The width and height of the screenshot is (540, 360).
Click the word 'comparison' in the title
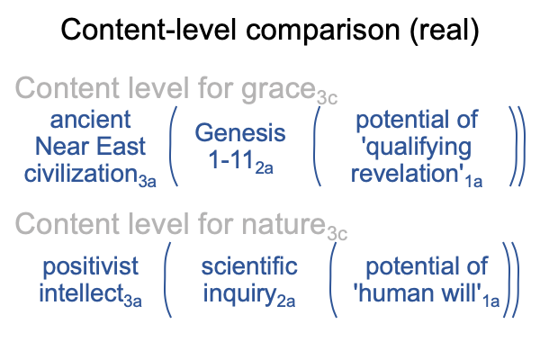coord(323,31)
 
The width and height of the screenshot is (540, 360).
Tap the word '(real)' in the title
coord(445,30)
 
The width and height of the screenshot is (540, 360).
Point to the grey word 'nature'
coord(283,224)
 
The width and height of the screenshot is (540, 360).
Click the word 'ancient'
coord(90,120)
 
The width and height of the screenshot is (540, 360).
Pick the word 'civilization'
coord(81,173)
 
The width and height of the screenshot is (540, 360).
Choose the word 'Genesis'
coord(240,133)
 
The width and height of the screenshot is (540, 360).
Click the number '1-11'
coord(230,159)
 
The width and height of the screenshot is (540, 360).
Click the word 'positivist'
coord(91,267)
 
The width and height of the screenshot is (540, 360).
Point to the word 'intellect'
coord(81,293)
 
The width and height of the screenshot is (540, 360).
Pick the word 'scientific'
coord(249,266)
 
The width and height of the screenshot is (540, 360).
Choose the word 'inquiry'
coord(239,294)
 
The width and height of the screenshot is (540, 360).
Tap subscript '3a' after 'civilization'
coord(148,181)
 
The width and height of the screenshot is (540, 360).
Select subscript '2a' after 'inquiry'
coord(286,301)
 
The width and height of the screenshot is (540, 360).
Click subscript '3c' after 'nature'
coord(337,234)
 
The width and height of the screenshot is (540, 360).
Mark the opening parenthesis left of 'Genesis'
coord(171,147)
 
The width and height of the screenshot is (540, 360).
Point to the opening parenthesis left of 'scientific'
coord(166,280)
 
